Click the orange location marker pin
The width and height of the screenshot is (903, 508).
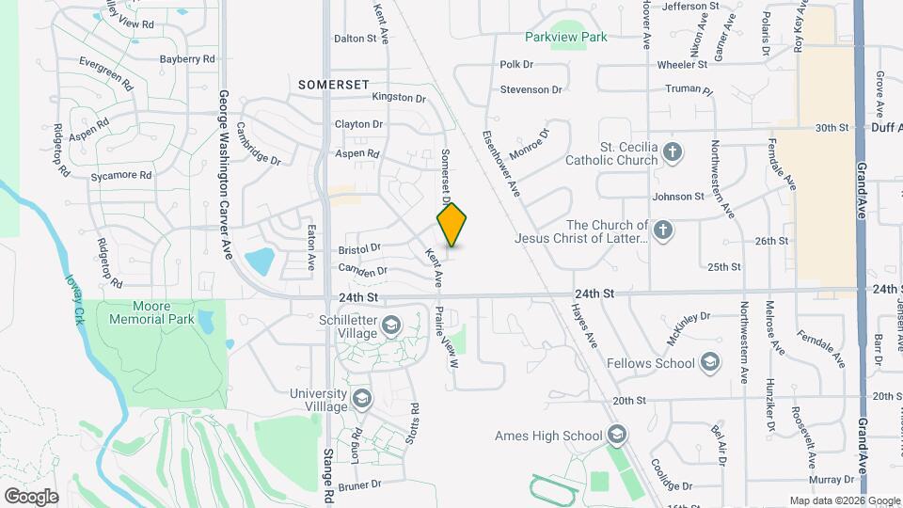451,224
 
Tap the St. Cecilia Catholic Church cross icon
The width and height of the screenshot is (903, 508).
673,151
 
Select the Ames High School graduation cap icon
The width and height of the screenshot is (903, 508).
616,435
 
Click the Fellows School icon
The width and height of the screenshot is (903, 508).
711,363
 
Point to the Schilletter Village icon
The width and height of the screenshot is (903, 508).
390,326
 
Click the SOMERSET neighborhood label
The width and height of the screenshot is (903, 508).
333,85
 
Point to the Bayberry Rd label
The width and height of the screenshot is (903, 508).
187,58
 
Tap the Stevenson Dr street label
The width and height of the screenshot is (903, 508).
531,89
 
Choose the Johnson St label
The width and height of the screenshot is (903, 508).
678,197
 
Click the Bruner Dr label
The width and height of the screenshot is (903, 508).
359,485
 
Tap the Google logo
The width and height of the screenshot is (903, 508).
30,496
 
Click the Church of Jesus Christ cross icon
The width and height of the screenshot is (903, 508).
664,230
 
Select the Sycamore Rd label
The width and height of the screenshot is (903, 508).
121,175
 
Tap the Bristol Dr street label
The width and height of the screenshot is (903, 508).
359,248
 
